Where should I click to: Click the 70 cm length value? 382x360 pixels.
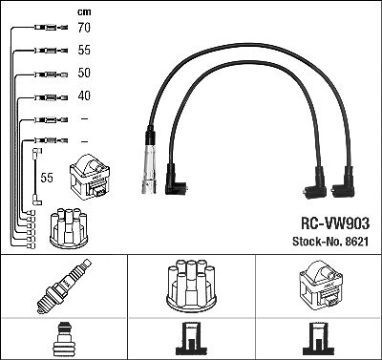(84, 28)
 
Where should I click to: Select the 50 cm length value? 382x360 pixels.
(84, 73)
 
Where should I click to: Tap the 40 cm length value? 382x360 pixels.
(84, 95)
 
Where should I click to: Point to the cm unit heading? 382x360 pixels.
(84, 12)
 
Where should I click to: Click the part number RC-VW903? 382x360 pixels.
(335, 223)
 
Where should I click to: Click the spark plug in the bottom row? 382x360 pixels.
(64, 286)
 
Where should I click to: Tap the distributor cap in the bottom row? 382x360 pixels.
(191, 286)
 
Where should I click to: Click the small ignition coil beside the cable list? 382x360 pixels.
(90, 177)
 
